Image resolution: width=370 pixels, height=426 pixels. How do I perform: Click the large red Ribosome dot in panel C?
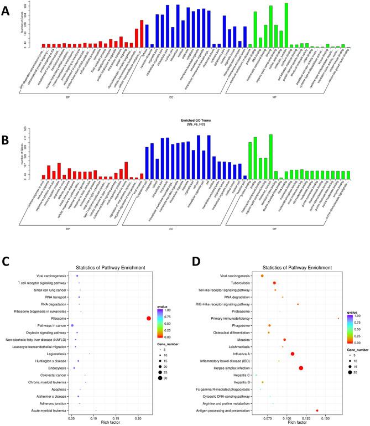click(148, 318)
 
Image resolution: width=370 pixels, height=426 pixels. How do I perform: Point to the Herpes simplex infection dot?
click(301, 368)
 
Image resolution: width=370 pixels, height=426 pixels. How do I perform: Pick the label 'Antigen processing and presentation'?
click(225, 411)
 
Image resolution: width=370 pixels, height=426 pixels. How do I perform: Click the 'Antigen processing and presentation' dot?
click(317, 411)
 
